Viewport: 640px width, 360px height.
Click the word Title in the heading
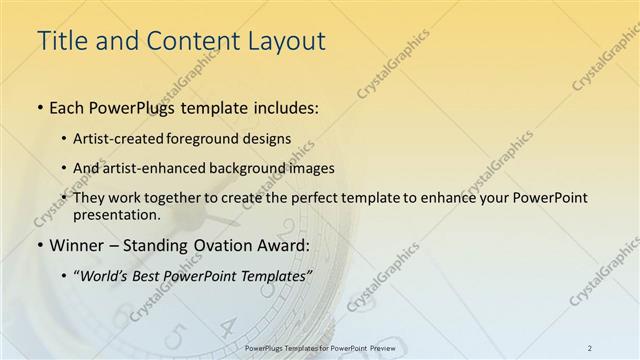[61, 41]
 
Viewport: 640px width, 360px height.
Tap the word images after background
[308, 168]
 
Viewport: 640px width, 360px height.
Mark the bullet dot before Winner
[39, 246]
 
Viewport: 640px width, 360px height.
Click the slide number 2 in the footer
[589, 347]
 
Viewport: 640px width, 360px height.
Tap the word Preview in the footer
[379, 347]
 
